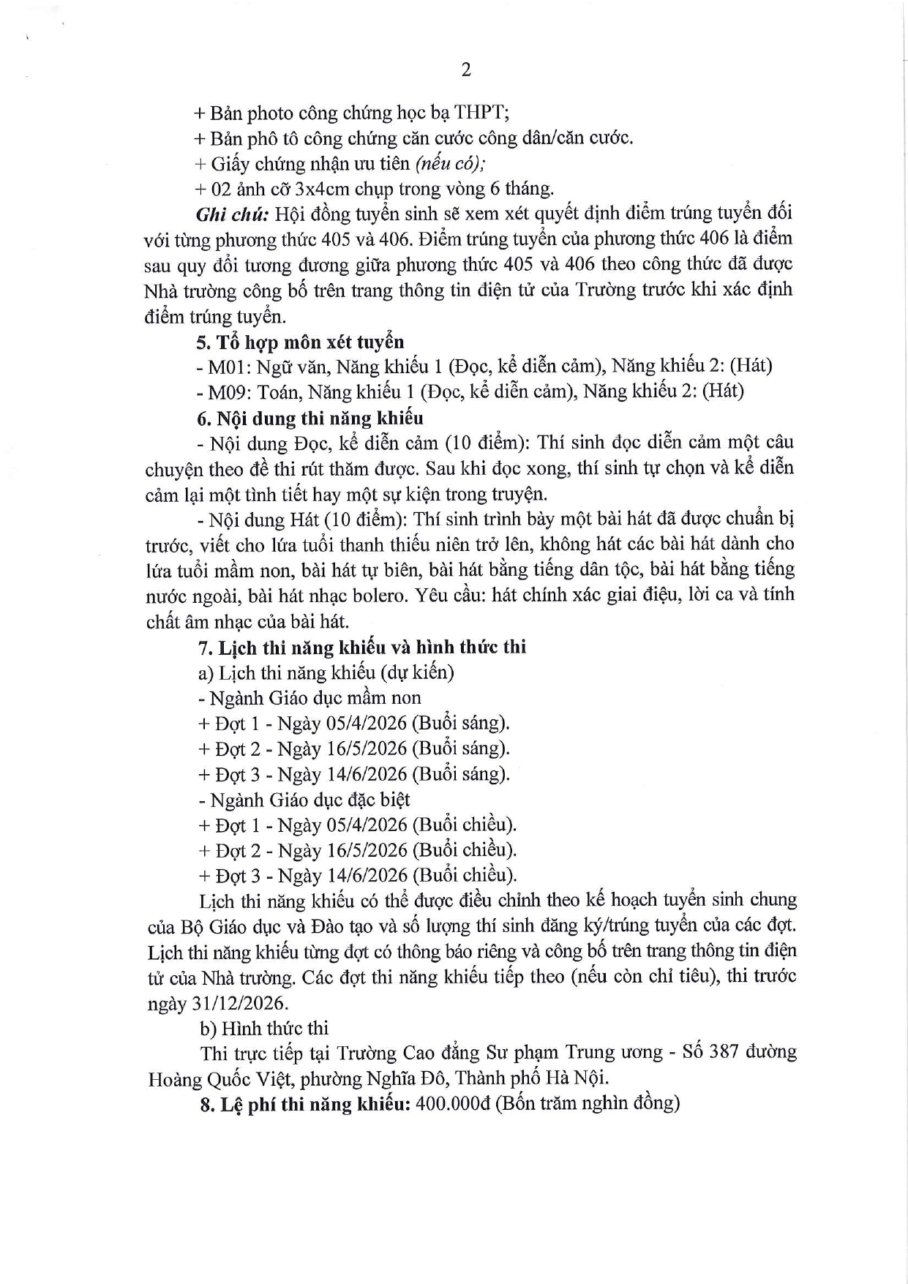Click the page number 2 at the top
(x=466, y=70)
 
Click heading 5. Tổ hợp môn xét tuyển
(x=300, y=342)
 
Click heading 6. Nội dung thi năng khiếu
(x=310, y=418)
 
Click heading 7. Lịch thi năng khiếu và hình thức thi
(x=362, y=647)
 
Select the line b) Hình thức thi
(x=264, y=1028)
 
